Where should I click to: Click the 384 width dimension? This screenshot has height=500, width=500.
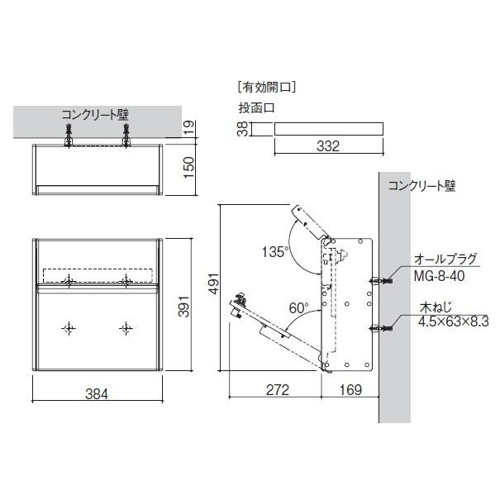coord(97,394)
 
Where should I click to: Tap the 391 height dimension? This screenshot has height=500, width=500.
coord(184,307)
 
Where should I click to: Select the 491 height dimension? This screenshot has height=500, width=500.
coord(213,283)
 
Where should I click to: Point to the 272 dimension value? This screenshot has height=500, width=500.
coord(278,390)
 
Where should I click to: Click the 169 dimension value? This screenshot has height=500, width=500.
coord(350,390)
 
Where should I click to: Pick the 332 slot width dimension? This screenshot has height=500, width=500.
coord(328,146)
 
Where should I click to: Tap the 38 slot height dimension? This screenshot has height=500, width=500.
coord(243,129)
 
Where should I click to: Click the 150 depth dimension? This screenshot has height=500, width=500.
coord(188,168)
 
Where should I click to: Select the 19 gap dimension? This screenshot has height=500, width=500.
coord(188,127)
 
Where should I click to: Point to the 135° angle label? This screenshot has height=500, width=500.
coord(275,252)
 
